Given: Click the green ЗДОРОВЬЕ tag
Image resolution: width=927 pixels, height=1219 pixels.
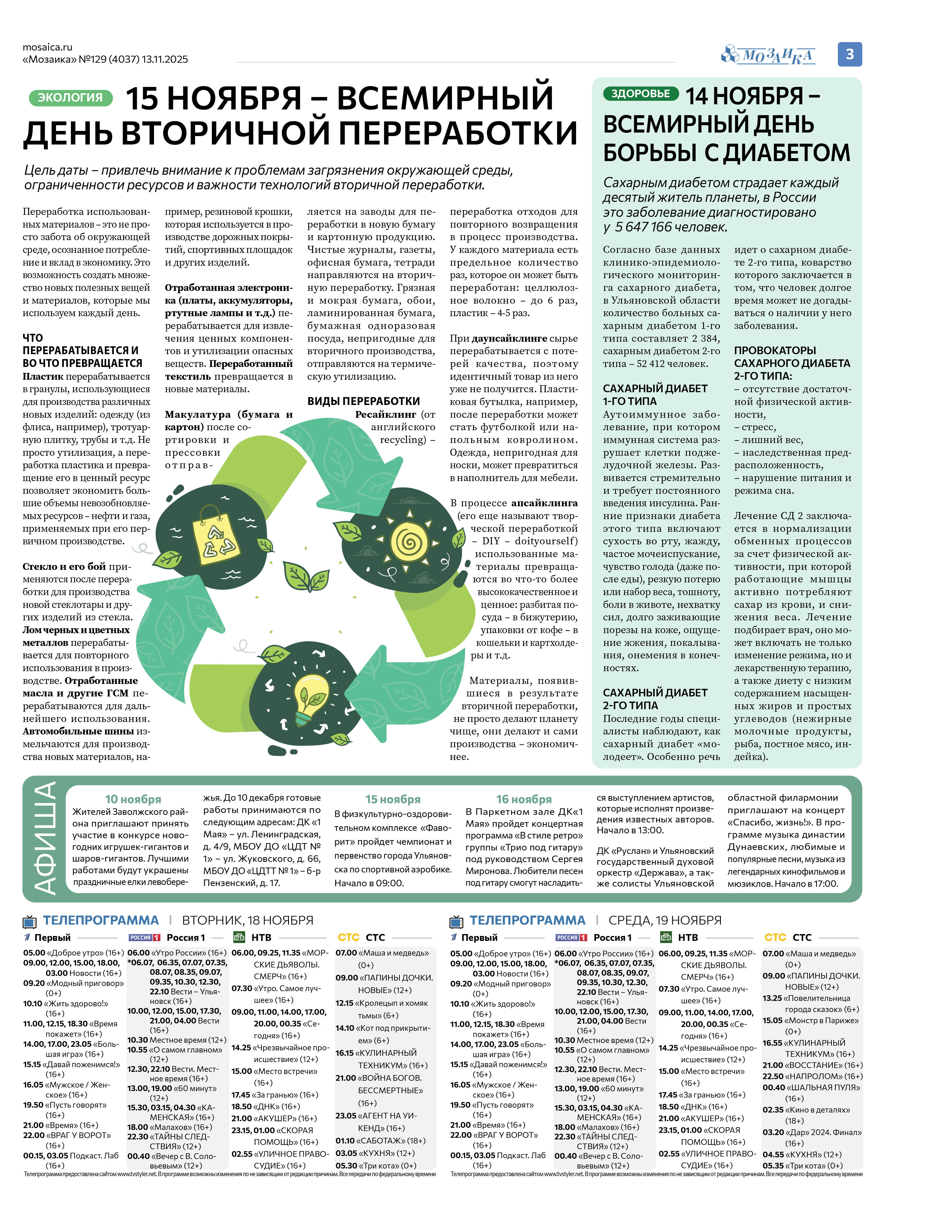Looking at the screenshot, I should (x=640, y=94).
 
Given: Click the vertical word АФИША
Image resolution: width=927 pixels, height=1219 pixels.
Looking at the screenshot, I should (x=44, y=839).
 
